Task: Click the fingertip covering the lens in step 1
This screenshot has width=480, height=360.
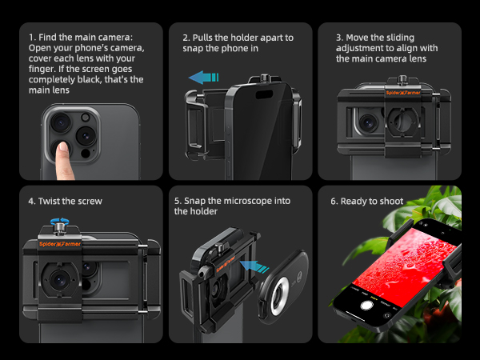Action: [63, 146]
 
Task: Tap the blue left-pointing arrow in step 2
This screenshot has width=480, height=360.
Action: [203, 78]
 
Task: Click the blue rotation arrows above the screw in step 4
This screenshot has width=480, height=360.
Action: [60, 221]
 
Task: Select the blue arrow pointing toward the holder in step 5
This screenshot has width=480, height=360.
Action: [254, 266]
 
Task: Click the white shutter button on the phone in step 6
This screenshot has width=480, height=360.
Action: [366, 306]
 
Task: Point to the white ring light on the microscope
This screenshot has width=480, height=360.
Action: [279, 296]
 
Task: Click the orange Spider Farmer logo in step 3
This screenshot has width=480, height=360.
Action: [403, 93]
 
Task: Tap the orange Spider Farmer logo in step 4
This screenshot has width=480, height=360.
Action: [60, 244]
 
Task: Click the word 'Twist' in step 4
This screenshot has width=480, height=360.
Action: [50, 201]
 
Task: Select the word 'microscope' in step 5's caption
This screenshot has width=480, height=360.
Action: [248, 201]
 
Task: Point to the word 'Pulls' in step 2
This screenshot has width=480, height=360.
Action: [202, 38]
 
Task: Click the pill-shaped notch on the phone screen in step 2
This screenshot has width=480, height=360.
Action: [264, 94]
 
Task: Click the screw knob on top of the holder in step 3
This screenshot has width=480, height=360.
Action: [402, 80]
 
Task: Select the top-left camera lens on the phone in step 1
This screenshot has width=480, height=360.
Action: [61, 122]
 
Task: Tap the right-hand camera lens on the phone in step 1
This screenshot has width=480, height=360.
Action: [86, 136]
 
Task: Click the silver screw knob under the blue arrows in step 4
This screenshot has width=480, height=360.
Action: [59, 229]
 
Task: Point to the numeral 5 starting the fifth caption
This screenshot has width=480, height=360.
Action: [177, 201]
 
